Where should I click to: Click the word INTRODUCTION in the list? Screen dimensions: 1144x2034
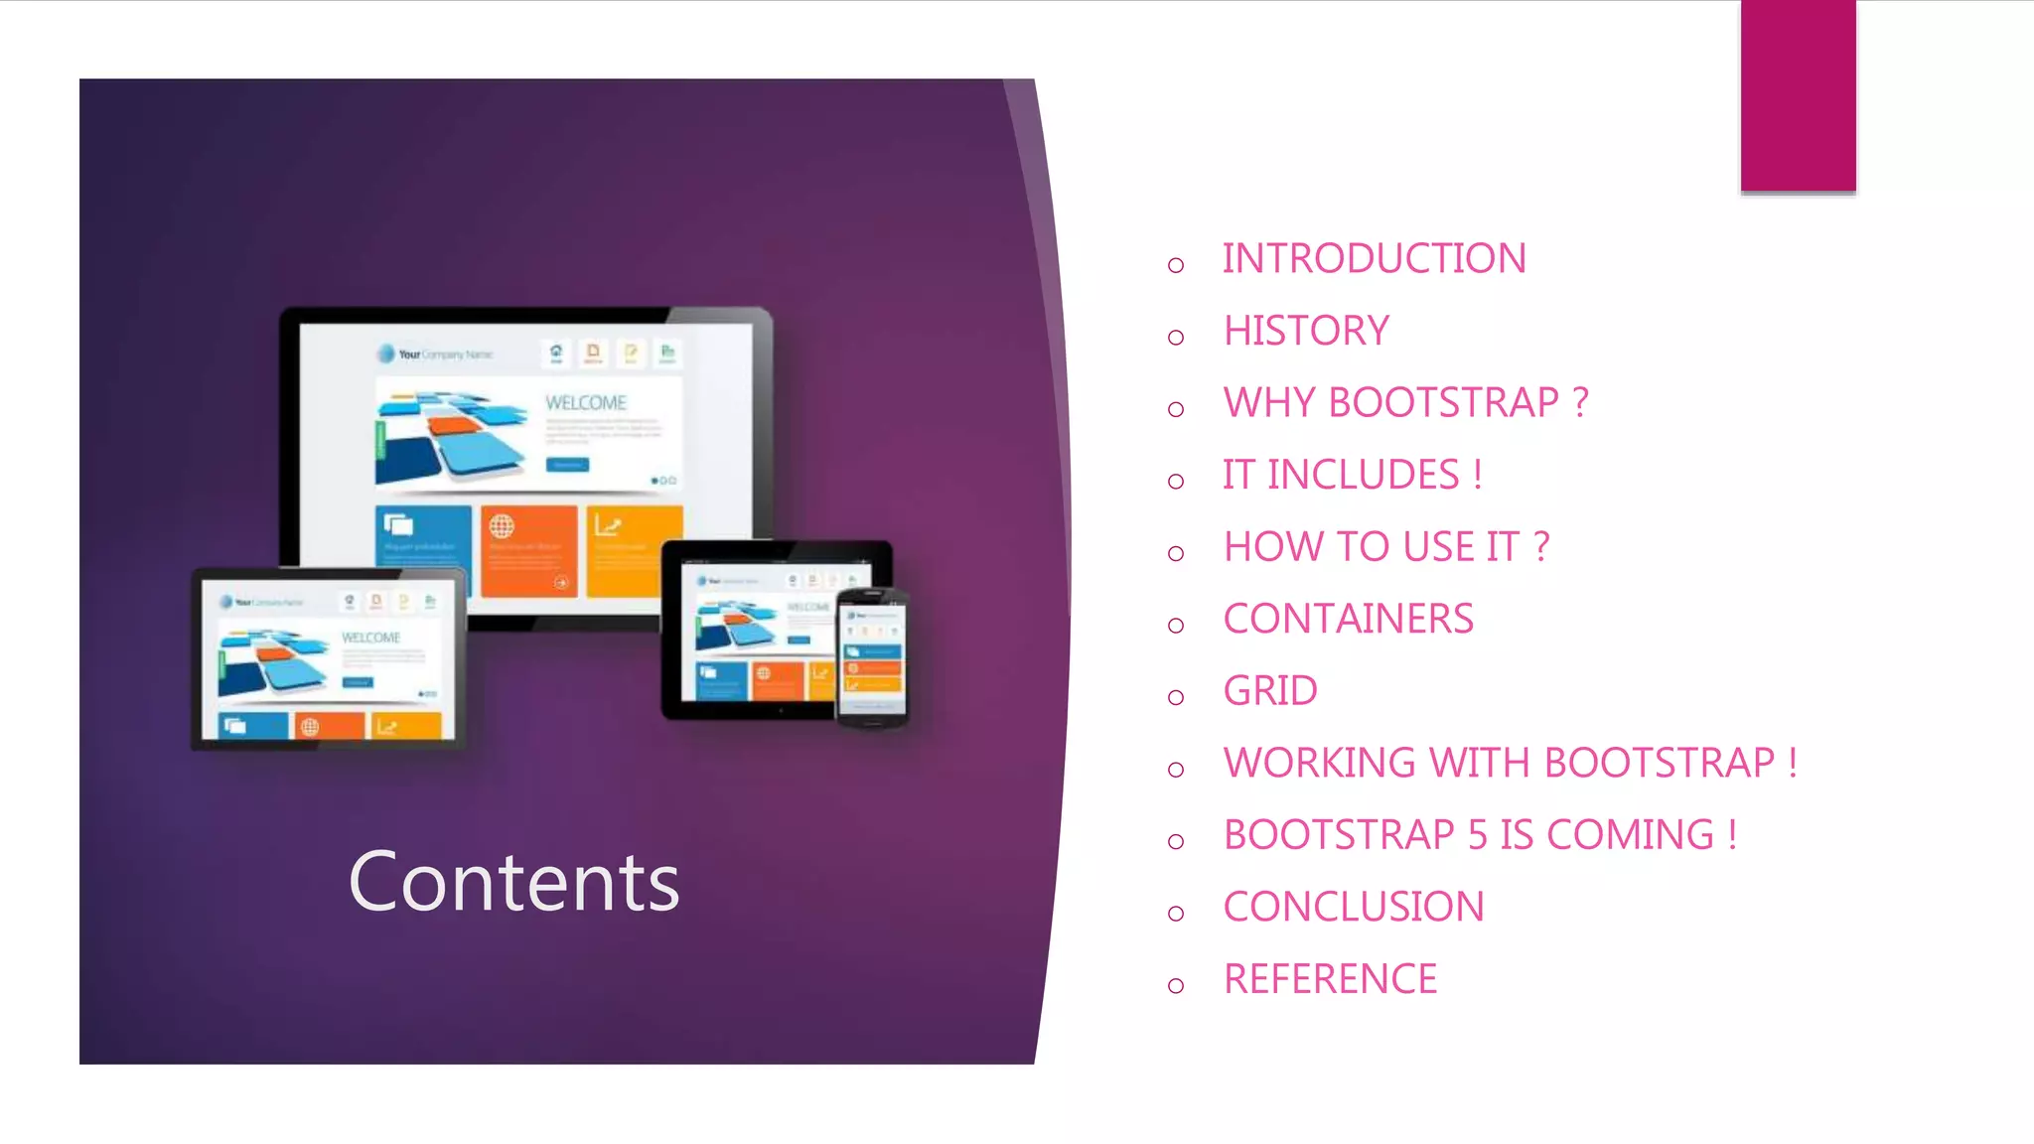point(1374,259)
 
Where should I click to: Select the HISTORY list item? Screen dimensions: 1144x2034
point(1306,331)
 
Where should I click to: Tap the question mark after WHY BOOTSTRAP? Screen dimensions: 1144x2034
point(1580,403)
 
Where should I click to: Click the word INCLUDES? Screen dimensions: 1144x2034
point(1363,475)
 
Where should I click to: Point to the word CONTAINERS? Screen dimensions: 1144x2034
point(1348,619)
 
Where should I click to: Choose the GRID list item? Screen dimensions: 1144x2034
point(1270,691)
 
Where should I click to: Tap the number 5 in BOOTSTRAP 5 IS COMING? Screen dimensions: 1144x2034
point(1477,835)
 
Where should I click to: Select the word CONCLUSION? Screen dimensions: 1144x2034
point(1354,907)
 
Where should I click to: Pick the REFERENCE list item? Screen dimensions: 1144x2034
point(1330,979)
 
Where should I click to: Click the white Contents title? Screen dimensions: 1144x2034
point(513,882)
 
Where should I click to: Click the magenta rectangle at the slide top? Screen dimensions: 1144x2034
point(1798,95)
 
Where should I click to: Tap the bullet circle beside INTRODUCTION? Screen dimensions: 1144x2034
point(1176,265)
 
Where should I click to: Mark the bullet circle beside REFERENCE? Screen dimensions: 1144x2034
point(1176,985)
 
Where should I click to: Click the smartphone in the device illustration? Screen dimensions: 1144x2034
point(872,656)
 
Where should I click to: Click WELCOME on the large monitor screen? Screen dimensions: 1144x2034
point(586,403)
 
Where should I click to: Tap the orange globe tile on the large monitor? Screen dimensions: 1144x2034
point(528,549)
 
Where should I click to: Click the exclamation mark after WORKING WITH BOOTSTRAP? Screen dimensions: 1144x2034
point(1792,763)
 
